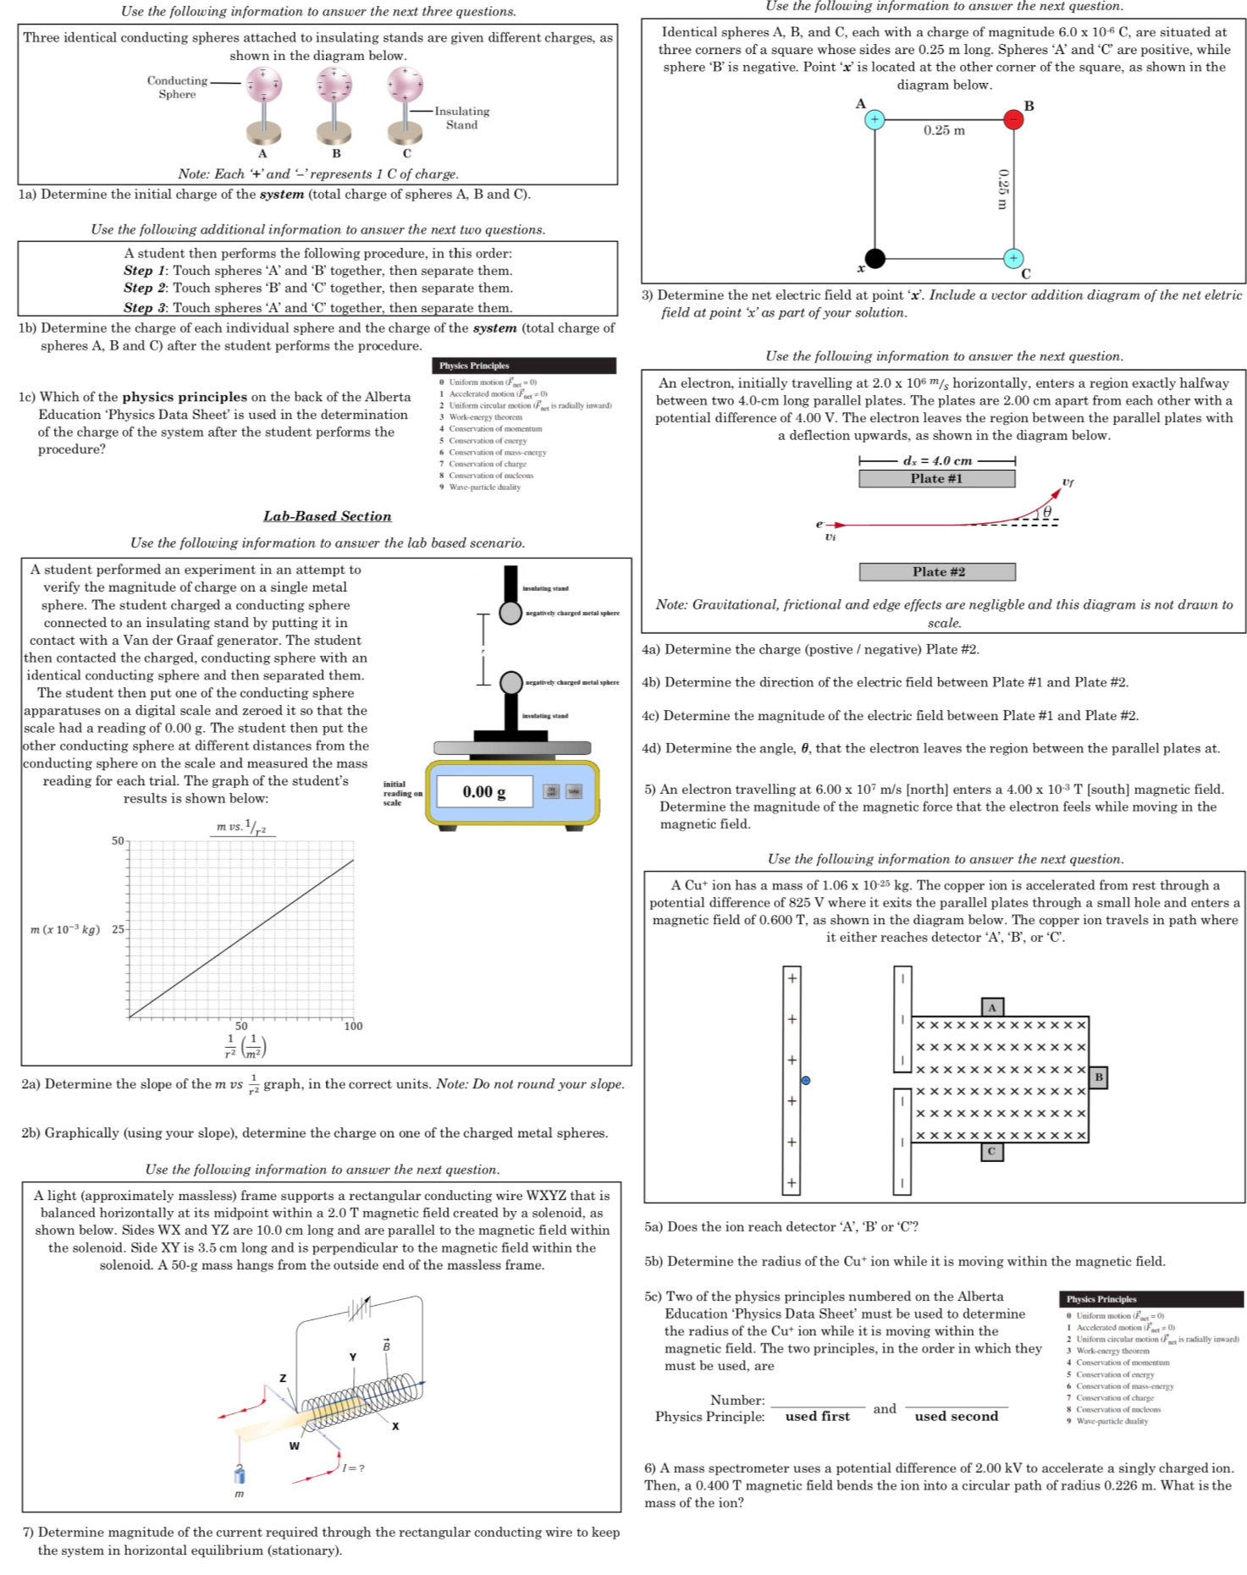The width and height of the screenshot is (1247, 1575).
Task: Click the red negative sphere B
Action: click(x=1012, y=119)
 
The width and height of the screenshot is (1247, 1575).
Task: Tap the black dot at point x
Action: click(x=875, y=258)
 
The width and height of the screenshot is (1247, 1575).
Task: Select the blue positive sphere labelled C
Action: click(x=1013, y=257)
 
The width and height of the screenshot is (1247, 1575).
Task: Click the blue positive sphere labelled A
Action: click(x=875, y=119)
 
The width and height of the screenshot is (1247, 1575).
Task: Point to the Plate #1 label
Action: click(x=936, y=478)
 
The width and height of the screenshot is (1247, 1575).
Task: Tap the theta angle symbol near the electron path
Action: click(x=1047, y=512)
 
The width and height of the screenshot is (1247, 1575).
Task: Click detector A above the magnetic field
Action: click(x=992, y=1006)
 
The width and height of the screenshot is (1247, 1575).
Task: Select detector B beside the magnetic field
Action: click(x=1098, y=1077)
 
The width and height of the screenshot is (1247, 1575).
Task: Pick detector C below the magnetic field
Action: click(x=991, y=1151)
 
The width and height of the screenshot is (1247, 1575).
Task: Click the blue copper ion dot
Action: click(x=805, y=1080)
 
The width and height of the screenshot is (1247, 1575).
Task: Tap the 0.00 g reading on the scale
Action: click(x=484, y=792)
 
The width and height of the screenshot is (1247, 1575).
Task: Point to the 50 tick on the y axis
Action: click(x=118, y=840)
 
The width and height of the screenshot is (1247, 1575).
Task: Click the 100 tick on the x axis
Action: click(x=353, y=1026)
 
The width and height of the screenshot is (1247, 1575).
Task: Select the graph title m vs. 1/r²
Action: click(x=242, y=827)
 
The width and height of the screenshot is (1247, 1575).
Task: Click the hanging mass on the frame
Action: click(x=240, y=1475)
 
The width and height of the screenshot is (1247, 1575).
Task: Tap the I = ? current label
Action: click(x=354, y=1468)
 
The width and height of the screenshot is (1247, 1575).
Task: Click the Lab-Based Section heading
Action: click(x=327, y=515)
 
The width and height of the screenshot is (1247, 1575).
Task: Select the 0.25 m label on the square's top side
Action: click(x=944, y=130)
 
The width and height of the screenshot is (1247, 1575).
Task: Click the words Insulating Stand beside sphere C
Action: click(x=461, y=118)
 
